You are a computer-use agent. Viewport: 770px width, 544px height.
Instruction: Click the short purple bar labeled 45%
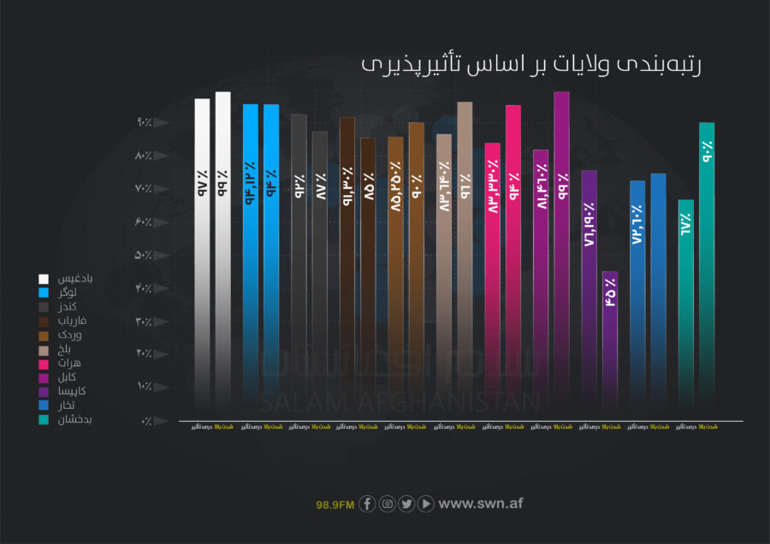tap(610, 342)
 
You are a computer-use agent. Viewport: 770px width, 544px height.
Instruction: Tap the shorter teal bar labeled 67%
tap(685, 308)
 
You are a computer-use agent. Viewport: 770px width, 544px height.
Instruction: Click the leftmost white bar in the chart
tap(202, 257)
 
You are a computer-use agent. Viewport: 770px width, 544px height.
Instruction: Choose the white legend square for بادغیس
tap(43, 279)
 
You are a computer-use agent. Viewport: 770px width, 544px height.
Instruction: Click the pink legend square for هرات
tap(43, 363)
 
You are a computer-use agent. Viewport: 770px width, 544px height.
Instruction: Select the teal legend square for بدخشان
tap(43, 419)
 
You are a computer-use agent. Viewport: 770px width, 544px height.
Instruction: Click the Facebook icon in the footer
tap(367, 504)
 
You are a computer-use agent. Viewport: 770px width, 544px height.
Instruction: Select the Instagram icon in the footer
tap(387, 504)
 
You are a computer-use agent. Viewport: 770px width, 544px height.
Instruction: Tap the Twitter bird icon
tap(406, 504)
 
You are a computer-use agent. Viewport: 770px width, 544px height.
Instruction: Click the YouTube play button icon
tap(426, 504)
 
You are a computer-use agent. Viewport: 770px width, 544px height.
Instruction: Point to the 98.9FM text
tap(335, 505)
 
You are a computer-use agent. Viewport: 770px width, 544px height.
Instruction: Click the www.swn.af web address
tap(480, 504)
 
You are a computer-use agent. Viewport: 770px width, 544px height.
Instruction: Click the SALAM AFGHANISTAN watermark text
tap(400, 403)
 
